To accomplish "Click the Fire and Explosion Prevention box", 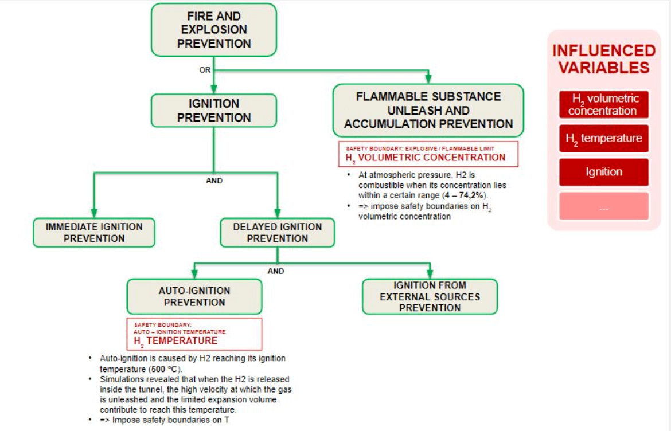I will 214,30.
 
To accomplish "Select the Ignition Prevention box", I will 214,111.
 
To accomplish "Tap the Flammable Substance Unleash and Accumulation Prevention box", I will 428,110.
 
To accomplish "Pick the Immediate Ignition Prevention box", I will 94,233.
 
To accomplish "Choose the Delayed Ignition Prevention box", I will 278,233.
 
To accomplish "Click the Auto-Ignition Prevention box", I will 194,296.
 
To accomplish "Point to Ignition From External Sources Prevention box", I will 430,296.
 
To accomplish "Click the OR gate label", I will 205,70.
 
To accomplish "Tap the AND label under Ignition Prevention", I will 214,181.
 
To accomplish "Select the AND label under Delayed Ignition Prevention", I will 276,271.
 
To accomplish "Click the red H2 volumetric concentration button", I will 604,105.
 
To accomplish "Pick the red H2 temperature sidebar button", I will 604,139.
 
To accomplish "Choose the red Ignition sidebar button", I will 604,172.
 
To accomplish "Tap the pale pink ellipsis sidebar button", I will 604,206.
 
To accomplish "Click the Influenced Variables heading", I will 604,59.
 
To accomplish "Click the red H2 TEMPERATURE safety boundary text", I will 176,341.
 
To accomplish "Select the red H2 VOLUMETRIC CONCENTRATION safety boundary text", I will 426,158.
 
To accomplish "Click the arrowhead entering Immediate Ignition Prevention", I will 94,213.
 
